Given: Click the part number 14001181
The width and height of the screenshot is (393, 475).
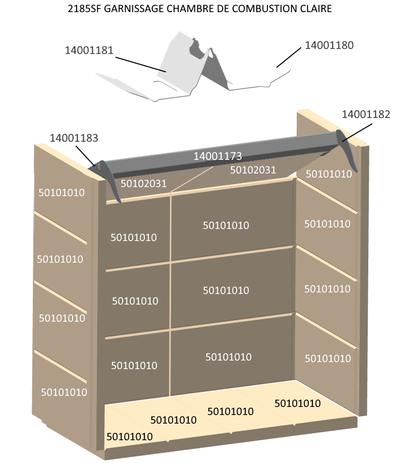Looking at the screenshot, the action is tap(89, 50).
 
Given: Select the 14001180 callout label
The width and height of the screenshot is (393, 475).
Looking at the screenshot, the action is tap(329, 45).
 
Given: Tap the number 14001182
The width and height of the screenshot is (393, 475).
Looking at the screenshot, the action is tap(366, 114).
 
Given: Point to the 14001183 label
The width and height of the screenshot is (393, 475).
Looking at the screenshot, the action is tap(74, 138).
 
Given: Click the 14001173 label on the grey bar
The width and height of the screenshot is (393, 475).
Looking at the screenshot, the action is tap(217, 156).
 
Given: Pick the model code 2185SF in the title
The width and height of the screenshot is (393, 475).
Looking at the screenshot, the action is tap(85, 9).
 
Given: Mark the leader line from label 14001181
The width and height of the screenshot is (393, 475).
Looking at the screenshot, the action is tap(141, 65).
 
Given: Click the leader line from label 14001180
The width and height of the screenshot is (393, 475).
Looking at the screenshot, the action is tap(289, 57).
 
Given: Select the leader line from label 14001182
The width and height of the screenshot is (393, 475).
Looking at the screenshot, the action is tap(356, 132).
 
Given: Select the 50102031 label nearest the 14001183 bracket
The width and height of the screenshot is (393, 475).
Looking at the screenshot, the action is tap(144, 183).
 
